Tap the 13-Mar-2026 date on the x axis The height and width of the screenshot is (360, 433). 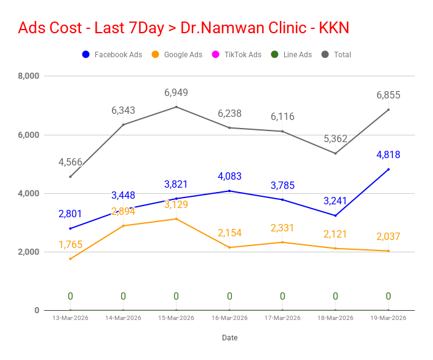(x=70, y=318)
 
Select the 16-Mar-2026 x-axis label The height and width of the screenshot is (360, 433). (x=229, y=318)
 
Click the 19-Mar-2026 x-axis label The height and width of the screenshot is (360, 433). (x=388, y=318)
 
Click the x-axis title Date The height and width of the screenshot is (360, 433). (x=229, y=338)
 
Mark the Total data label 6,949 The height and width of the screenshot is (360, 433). (x=176, y=93)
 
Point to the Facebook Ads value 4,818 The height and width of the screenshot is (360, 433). (x=388, y=155)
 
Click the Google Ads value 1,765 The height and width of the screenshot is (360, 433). (x=70, y=245)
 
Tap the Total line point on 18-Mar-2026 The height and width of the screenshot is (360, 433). (x=335, y=153)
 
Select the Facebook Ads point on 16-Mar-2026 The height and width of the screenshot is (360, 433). (x=229, y=191)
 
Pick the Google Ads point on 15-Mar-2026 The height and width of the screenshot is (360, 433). (x=176, y=219)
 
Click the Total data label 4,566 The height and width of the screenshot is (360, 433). (x=70, y=162)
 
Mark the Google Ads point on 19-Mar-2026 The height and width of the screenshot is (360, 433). (x=388, y=250)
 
